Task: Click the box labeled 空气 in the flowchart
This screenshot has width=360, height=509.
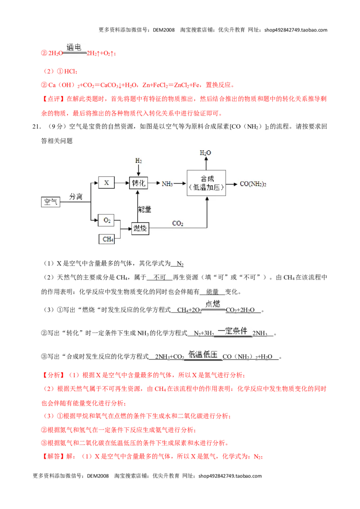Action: [51, 202]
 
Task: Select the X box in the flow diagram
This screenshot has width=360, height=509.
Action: [106, 183]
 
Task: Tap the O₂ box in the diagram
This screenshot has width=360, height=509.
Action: [107, 220]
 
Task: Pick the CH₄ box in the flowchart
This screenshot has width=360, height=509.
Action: [107, 239]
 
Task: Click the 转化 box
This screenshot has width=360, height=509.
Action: [139, 183]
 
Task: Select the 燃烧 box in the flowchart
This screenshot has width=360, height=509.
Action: [140, 228]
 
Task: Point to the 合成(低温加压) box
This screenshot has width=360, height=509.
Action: [206, 183]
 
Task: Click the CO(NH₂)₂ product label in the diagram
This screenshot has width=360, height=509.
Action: [253, 184]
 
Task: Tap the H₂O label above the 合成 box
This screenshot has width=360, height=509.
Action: [205, 152]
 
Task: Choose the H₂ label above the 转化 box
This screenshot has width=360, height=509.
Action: [139, 161]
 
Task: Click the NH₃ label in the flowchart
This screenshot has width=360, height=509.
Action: [167, 184]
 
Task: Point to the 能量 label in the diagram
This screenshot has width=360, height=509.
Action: [144, 210]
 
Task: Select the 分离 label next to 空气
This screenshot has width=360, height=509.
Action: [76, 196]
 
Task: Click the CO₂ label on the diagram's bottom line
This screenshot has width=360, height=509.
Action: [178, 223]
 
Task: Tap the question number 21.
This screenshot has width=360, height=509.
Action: [36, 127]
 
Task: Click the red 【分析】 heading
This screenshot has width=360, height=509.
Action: [53, 375]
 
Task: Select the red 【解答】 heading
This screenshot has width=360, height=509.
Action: [53, 456]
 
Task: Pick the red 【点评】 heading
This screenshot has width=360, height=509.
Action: [53, 98]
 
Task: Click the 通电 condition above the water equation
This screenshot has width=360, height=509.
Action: [74, 47]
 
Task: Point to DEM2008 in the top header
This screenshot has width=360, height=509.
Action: [164, 30]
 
